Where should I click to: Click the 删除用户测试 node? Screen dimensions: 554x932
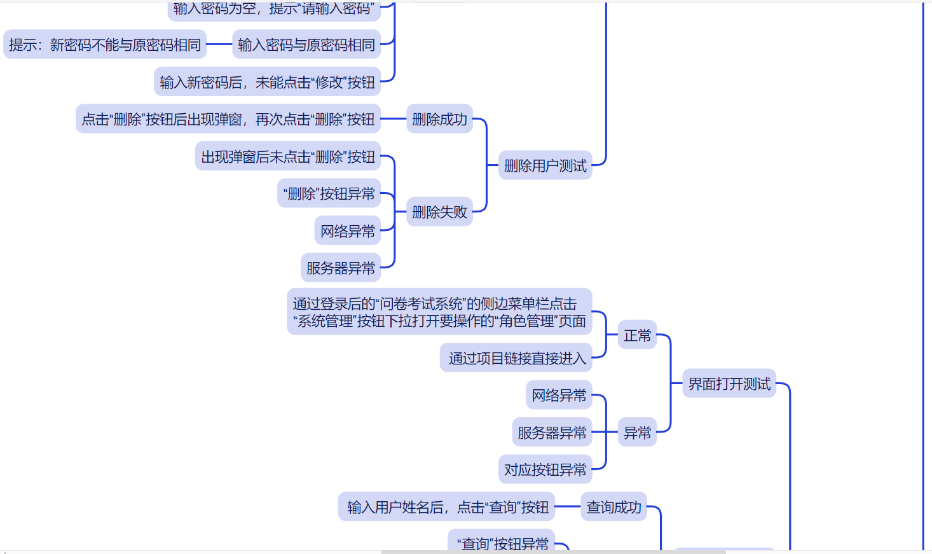point(545,165)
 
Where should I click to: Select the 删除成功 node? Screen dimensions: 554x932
point(439,119)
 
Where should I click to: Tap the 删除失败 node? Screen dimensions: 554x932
point(439,212)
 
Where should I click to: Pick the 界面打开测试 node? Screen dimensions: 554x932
point(729,384)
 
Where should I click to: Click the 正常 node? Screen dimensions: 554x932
point(637,335)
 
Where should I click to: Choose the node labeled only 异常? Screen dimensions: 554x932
point(637,433)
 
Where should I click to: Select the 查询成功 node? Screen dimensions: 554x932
point(613,507)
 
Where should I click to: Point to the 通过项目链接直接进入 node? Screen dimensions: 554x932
point(516,358)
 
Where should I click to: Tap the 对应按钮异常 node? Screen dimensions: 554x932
point(545,469)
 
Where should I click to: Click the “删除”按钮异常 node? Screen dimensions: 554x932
point(329,193)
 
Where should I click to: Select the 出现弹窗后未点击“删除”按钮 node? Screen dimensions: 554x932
point(288,156)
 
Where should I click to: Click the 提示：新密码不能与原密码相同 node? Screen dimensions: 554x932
point(105,45)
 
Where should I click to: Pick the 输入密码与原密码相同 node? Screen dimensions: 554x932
point(306,45)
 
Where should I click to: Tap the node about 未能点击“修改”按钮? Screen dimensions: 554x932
point(267,82)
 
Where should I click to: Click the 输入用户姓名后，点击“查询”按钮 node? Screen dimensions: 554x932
point(447,507)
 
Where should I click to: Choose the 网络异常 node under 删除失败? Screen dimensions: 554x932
point(347,231)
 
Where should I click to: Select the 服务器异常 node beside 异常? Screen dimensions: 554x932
point(552,433)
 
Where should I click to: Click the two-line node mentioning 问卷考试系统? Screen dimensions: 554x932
point(439,312)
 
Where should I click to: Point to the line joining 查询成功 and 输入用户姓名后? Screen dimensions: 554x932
point(568,507)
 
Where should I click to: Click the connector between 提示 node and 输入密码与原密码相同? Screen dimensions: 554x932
point(219,45)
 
